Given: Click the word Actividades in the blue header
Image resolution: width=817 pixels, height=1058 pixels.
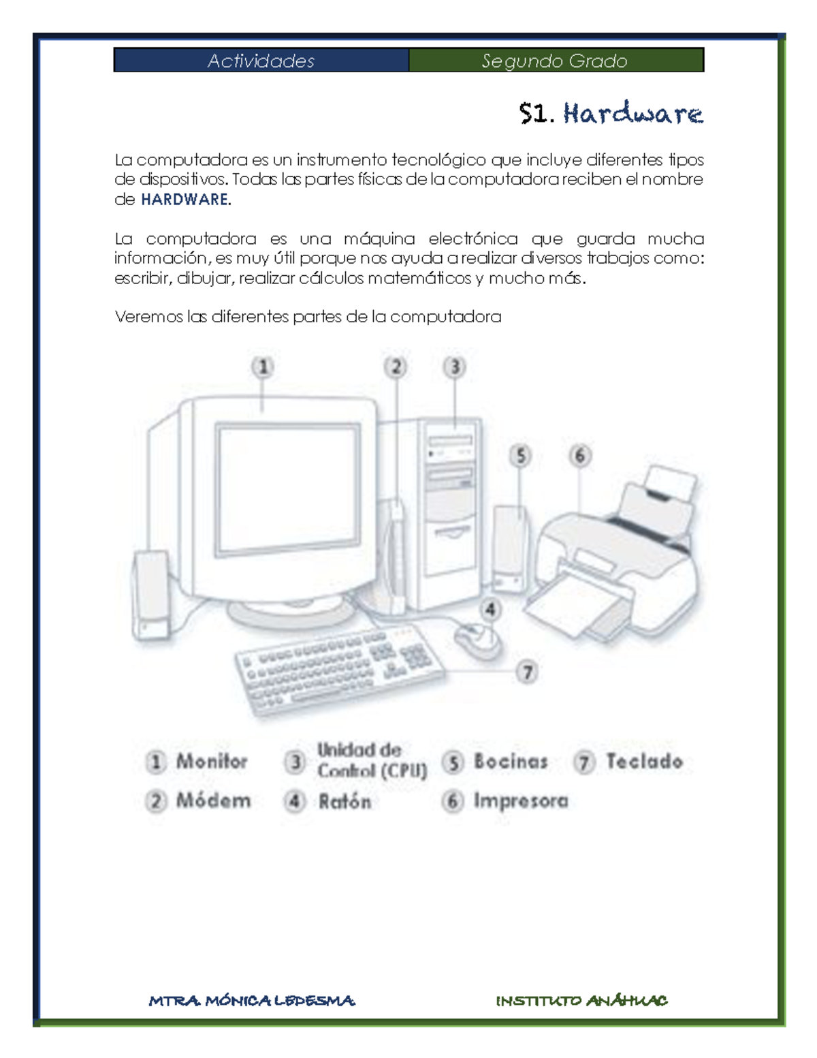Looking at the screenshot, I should click(261, 61).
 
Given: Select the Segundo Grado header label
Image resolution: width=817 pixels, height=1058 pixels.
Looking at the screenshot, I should click(554, 61).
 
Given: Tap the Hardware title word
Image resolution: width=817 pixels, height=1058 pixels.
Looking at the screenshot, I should click(632, 114).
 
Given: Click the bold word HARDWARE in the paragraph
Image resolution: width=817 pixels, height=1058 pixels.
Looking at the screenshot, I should click(185, 200).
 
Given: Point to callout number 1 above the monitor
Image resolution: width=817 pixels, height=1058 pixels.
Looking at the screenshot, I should click(263, 367).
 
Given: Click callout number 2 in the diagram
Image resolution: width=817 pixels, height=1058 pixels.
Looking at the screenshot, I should click(396, 367).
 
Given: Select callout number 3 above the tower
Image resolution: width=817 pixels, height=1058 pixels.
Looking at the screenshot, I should click(455, 367).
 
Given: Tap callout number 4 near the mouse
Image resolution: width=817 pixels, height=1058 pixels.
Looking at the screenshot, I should click(490, 608).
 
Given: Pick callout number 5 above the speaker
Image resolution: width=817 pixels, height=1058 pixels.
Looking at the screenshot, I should click(520, 455).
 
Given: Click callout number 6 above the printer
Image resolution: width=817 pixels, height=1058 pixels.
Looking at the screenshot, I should click(580, 455).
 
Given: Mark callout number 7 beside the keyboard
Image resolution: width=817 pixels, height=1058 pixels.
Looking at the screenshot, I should click(527, 672).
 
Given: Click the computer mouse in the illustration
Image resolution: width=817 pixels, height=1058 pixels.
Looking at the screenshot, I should click(478, 639).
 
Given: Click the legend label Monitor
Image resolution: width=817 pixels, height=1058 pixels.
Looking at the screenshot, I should click(211, 761).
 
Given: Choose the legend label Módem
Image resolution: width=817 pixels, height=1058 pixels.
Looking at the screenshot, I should click(213, 800).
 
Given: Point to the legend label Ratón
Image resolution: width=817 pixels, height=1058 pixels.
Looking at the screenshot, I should click(345, 801).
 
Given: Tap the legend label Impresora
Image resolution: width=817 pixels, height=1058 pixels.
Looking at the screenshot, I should click(521, 800).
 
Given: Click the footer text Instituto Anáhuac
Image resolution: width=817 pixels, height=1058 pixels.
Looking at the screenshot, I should click(581, 1000).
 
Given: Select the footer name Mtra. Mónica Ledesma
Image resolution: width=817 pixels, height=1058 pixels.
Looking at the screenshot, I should click(251, 1000).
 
